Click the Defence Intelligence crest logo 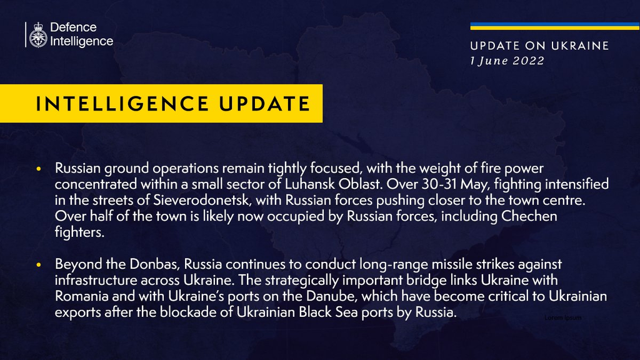pos(38,35)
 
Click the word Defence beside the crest pos(73,27)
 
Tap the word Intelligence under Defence pos(82,41)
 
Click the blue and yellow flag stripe pos(555,26)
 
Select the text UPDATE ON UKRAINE pos(539,46)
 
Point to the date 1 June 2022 pos(507,61)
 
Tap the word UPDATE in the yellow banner pos(265,104)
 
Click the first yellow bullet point pos(39,169)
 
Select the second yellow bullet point pos(39,265)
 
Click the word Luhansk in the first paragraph pos(310,184)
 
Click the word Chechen pos(529,216)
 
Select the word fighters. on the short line pos(79,232)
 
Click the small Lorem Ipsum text pos(563,317)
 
